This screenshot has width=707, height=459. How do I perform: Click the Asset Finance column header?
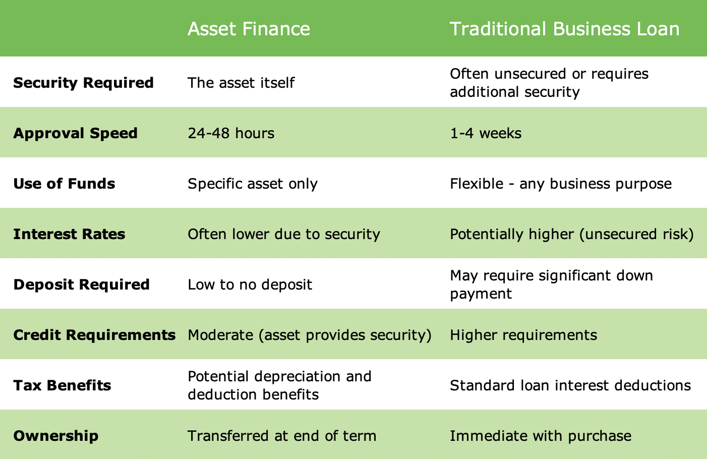coord(249,29)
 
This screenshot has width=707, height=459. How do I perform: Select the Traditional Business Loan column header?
coord(564,29)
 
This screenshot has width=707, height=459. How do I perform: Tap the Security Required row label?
coord(83,83)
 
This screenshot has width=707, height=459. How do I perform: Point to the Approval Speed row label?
coord(75,133)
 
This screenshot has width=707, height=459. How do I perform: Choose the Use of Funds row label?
coord(64,184)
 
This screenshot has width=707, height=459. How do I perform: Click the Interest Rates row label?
coord(69,234)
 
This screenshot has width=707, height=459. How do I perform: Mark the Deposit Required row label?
coord(81,284)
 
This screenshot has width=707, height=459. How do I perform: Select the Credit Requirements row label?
coord(94,335)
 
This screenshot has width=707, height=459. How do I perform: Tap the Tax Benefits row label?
coord(62,385)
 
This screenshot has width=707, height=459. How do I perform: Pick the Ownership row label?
coord(55,436)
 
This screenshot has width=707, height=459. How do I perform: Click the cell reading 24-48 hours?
coord(231,133)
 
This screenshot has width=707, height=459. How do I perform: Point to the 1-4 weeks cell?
coord(486,133)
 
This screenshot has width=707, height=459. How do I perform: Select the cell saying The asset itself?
coord(241,83)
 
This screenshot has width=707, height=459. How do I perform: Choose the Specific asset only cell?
coord(253,184)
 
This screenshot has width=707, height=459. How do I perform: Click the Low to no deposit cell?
coord(250,284)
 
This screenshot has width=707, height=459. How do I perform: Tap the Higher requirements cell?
coord(523,335)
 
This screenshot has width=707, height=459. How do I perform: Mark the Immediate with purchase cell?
coord(540,436)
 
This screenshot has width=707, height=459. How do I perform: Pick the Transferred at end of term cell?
coord(282,436)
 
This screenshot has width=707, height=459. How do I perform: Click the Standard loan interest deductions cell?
coord(570,385)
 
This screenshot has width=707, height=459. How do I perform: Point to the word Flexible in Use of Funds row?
coord(477,184)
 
